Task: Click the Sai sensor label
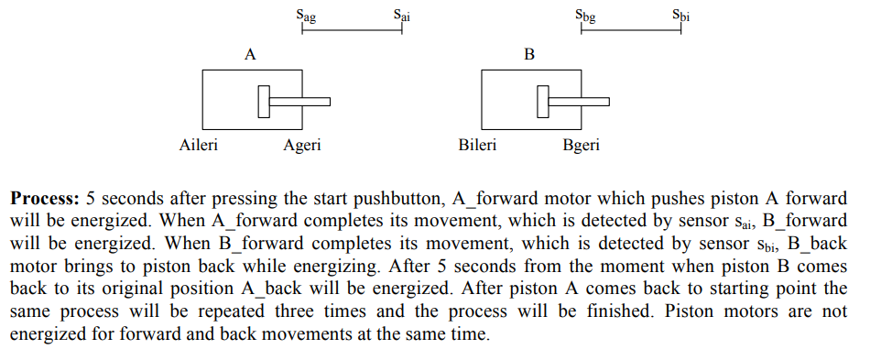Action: pos(401,15)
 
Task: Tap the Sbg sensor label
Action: pos(585,16)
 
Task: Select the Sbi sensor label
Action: pos(680,15)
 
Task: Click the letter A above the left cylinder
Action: pos(250,55)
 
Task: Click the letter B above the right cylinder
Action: pos(528,55)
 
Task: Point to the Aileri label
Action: pos(199,145)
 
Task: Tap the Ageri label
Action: pos(302,146)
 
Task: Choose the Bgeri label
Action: pos(582,146)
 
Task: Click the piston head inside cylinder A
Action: pos(265,102)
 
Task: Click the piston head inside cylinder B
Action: pos(543,102)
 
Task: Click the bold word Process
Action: pos(45,198)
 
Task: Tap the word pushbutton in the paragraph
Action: pos(371,198)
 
